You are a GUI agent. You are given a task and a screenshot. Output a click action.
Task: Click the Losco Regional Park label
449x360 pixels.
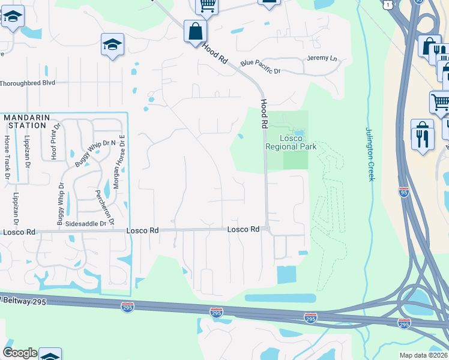(291, 142)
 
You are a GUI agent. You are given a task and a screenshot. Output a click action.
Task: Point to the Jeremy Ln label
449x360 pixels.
(322, 58)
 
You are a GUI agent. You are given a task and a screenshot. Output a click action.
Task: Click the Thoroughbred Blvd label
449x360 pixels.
(28, 83)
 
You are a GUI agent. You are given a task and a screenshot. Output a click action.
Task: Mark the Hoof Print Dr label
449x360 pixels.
(54, 142)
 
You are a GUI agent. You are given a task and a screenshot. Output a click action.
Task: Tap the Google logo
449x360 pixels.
(20, 353)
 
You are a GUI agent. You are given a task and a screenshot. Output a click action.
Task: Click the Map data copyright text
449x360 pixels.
(423, 355)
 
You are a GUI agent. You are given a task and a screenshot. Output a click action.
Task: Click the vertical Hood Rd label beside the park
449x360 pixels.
(264, 113)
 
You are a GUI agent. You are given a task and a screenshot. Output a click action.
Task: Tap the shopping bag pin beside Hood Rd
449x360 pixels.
(196, 31)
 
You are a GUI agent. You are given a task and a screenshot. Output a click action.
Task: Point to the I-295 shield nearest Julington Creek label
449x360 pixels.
(403, 191)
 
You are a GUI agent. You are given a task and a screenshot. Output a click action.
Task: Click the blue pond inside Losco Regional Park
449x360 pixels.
(298, 133)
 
